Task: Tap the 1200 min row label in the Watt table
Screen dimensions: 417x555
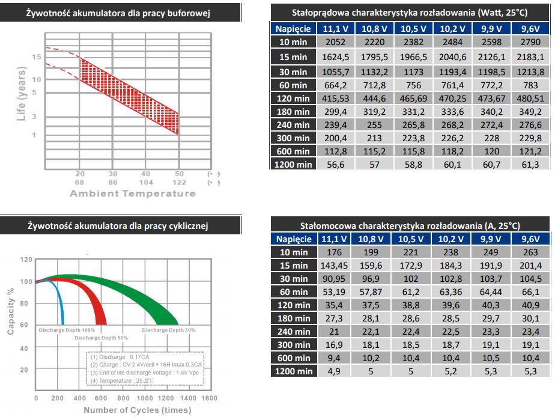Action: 293,164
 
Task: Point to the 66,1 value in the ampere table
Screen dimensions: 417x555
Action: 529,292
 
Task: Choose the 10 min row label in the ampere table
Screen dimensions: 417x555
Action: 293,252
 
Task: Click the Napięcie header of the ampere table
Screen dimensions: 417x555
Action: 293,239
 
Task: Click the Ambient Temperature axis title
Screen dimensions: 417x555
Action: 133,193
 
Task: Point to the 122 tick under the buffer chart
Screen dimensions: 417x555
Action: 178,182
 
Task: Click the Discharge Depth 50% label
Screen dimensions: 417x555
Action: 101,338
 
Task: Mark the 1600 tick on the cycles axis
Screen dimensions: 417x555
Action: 209,398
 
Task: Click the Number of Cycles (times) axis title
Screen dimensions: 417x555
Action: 138,410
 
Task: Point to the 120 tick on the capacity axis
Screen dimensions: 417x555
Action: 26,260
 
